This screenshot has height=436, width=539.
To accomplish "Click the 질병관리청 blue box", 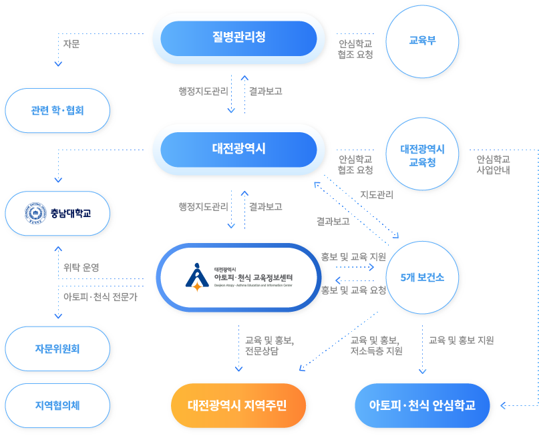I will click(238, 38).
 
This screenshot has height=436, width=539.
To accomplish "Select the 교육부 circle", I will click(422, 40).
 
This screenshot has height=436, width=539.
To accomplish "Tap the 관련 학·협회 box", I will click(57, 111).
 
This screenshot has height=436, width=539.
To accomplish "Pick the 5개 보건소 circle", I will click(422, 277).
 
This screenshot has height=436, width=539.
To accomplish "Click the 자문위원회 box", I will click(57, 349).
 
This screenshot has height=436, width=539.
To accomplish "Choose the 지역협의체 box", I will click(57, 405).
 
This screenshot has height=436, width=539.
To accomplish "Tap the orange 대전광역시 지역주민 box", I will click(237, 405).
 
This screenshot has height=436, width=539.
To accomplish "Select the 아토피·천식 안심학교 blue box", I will click(422, 405).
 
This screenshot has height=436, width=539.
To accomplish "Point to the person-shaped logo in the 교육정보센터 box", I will click(196, 276).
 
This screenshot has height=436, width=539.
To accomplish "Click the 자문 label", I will click(71, 44).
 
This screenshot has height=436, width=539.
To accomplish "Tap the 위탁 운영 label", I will click(81, 268).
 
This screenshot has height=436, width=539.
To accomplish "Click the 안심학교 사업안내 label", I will click(494, 164).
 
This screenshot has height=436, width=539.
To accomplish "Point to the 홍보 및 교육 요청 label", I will click(353, 290).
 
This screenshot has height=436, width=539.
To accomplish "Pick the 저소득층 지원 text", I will click(376, 351).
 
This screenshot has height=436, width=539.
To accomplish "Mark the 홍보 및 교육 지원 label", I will click(353, 256).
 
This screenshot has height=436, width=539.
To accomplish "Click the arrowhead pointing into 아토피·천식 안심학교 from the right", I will click(503, 405).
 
